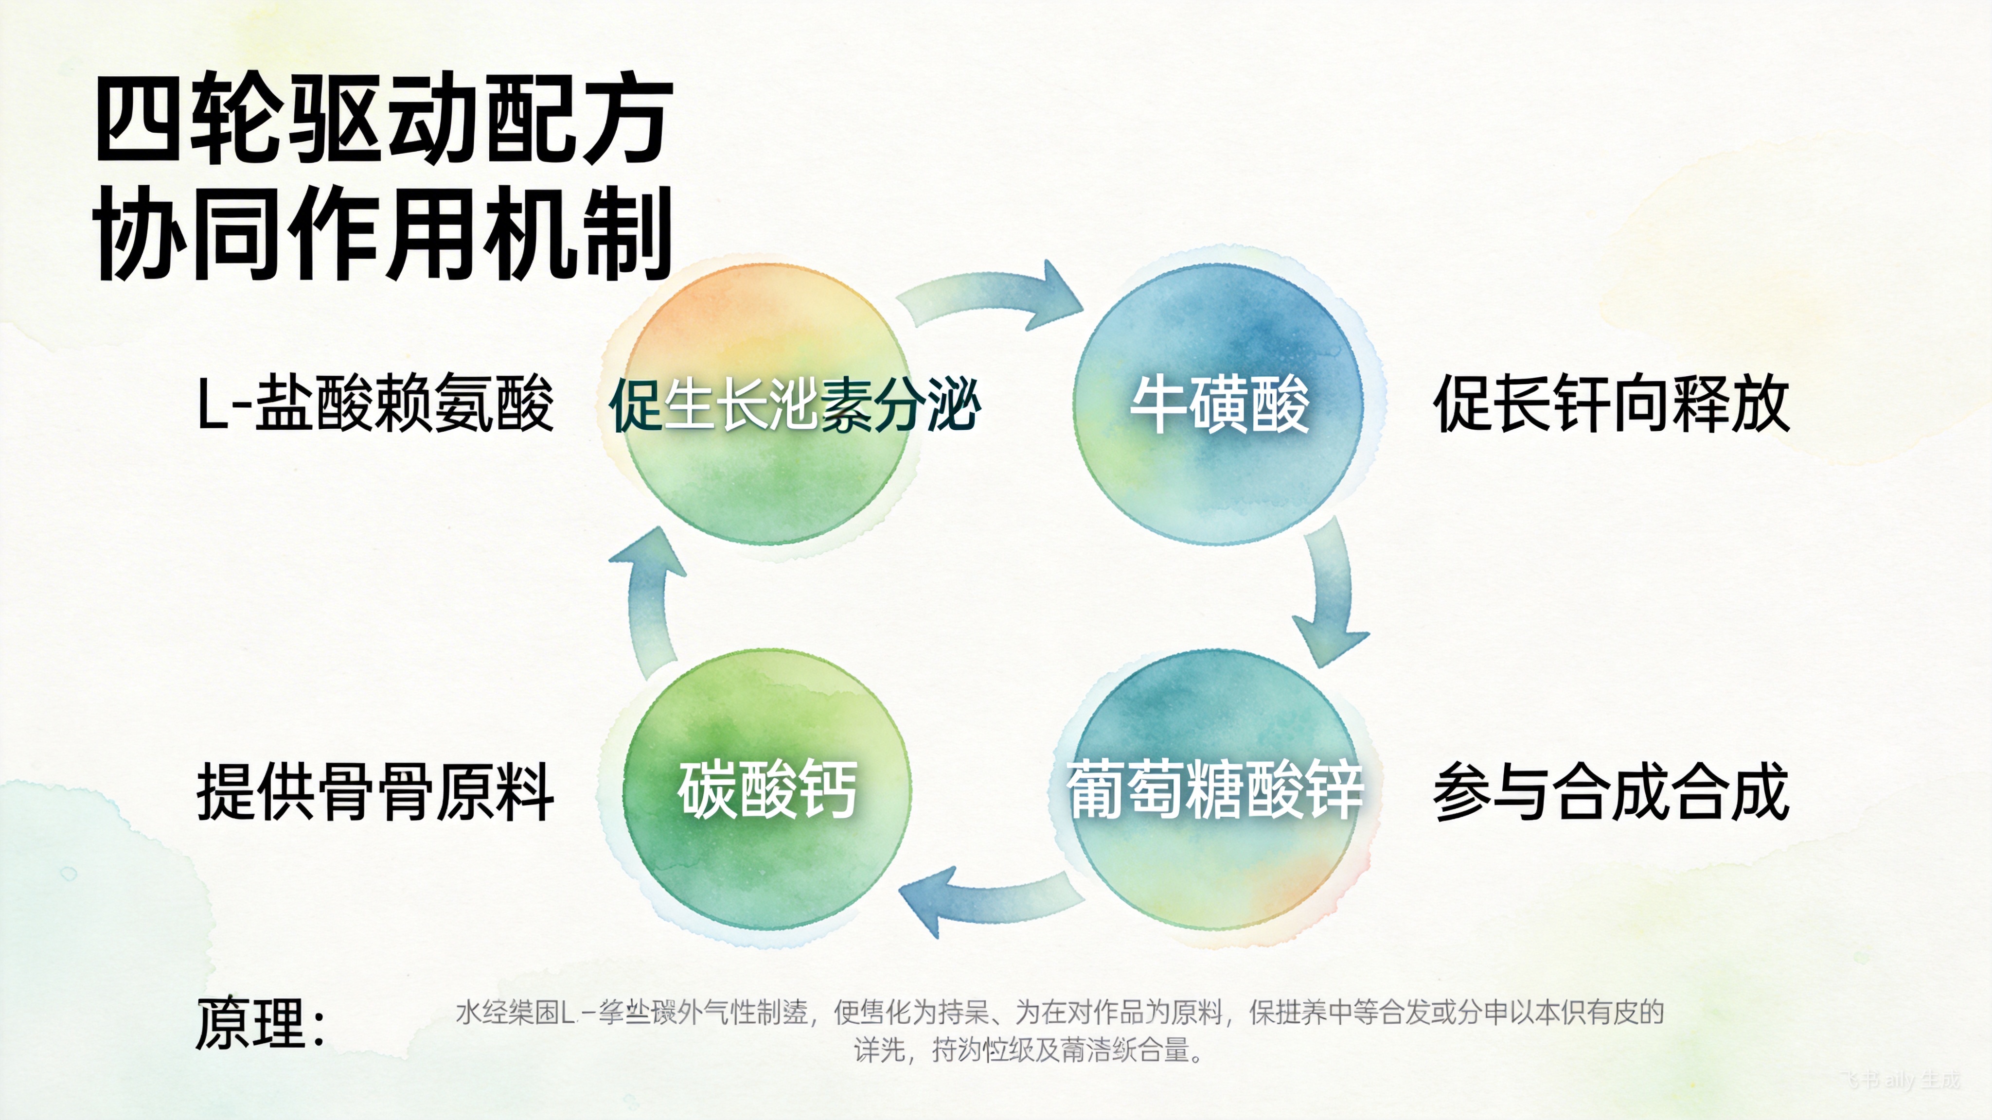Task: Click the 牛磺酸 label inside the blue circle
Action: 1220,403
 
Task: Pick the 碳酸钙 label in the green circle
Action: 767,788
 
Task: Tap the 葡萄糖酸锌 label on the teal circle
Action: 1214,788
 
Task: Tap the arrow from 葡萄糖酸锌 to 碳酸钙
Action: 986,900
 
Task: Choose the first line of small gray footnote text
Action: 1059,1012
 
